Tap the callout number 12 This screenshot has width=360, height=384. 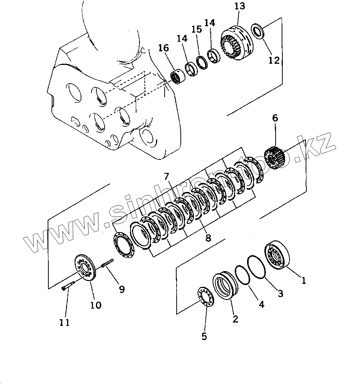pos(274,60)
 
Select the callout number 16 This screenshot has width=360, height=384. pos(163,48)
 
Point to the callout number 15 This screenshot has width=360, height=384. pos(196,29)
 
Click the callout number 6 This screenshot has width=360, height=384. pos(275,118)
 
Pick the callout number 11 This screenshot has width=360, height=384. pos(64,322)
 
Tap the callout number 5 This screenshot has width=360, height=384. pos(204,336)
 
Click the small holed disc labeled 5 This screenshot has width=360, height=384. pos(205,298)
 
